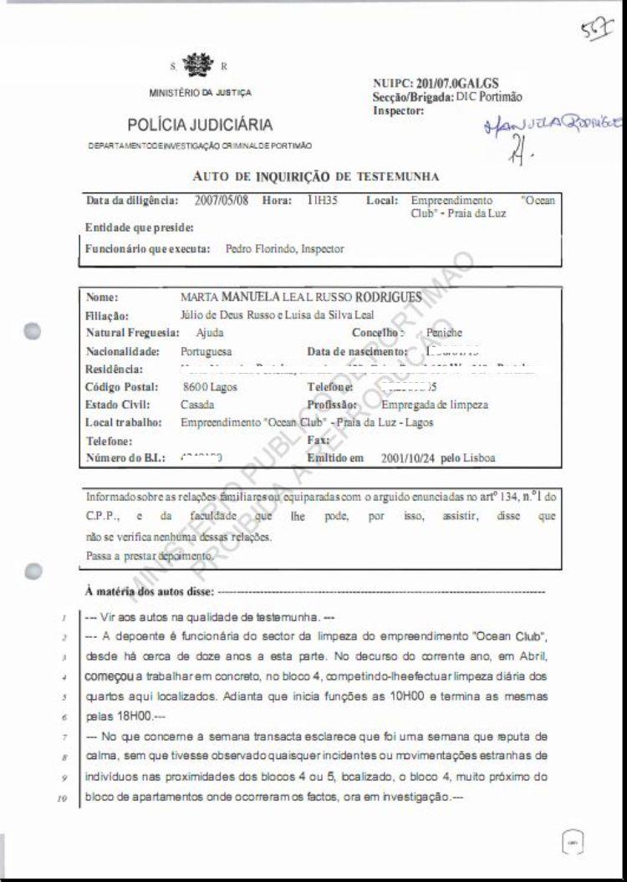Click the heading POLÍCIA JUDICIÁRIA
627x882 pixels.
[200, 125]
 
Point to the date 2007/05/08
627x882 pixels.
[222, 201]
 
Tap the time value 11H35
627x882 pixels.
[322, 201]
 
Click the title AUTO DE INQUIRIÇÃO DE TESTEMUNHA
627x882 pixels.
[315, 176]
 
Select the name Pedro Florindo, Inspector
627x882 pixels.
[284, 249]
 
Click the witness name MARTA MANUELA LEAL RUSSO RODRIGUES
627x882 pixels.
[301, 298]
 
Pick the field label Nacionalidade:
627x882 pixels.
[120, 352]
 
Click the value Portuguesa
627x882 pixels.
[206, 352]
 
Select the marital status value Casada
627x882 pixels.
[196, 405]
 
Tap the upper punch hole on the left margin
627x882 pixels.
[33, 331]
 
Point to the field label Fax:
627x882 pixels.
[318, 441]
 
